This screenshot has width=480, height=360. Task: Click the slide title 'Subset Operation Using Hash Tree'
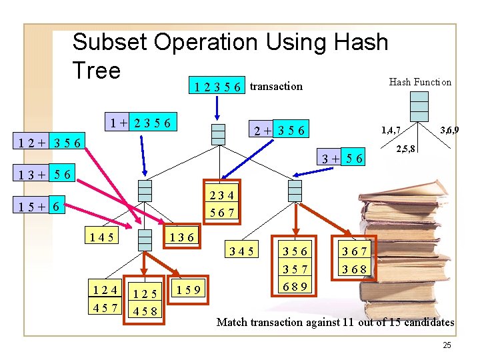230,55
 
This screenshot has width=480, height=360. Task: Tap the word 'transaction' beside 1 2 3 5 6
276,86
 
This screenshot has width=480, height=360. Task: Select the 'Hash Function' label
420,82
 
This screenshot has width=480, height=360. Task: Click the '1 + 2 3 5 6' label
142,123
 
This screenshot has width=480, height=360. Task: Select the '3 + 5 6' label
342,158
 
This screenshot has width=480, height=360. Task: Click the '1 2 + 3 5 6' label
51,142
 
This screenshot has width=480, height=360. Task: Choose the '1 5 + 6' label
42,207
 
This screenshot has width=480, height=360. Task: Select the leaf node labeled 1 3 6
181,236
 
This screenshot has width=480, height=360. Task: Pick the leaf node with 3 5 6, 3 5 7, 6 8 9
295,268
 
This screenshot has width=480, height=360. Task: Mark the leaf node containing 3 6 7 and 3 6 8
355,260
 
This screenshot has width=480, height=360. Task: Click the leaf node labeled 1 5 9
191,289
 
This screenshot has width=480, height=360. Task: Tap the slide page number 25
446,345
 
